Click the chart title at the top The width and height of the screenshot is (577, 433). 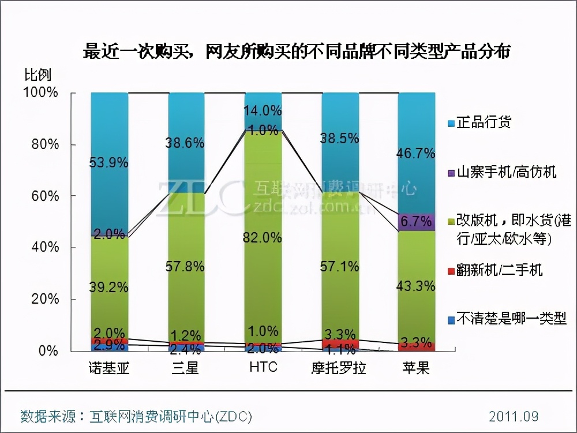297,52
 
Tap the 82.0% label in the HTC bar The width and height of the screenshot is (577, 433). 263,237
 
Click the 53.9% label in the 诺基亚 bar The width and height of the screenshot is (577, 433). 108,163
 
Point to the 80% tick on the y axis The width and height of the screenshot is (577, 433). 45,144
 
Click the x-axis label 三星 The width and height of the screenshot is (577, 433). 185,368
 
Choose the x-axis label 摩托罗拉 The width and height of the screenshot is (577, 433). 340,368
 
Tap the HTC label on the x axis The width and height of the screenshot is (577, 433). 263,368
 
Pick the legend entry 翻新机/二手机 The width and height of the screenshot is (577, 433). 499,269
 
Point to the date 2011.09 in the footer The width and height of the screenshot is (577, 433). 513,416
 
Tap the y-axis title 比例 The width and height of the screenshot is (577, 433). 38,75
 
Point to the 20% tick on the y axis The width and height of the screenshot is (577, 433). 45,299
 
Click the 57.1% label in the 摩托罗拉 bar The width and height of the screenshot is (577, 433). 340,266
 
